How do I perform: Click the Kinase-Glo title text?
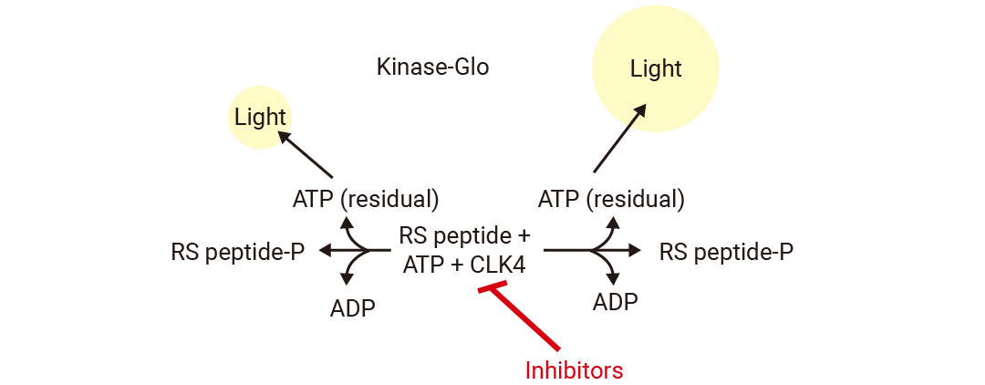432,68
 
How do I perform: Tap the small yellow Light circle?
260,117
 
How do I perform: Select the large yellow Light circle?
656,68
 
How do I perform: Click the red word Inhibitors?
574,370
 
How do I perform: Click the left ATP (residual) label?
366,198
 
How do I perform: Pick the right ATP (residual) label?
611,198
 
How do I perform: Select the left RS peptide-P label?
237,251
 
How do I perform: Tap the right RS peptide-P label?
726,251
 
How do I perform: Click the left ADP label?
352,307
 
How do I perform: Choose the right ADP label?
615,301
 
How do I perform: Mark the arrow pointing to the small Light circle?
306,153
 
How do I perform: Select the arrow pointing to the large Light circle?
620,138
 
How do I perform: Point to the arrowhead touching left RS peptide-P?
324,250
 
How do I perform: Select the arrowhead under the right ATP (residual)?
614,222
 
